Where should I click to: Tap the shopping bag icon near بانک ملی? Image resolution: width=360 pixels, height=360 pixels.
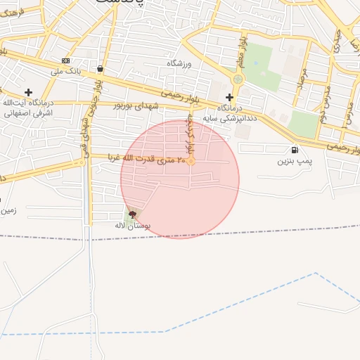[101, 69]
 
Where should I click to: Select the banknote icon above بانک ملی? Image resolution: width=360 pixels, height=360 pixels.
[66, 60]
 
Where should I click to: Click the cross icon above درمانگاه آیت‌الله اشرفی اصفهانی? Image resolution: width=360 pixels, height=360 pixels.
[28, 92]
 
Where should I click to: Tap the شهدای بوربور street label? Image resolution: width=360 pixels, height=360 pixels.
[136, 105]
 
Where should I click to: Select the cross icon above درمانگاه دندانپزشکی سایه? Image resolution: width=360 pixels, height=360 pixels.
[229, 97]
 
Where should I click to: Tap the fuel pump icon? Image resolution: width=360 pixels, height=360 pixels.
[293, 149]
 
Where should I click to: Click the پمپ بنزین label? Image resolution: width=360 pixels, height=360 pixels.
[292, 161]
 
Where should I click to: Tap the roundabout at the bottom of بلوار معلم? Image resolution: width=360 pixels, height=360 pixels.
[238, 79]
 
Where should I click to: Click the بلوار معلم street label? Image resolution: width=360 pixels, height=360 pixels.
[240, 51]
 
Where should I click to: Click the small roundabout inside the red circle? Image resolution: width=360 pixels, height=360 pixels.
[191, 160]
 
